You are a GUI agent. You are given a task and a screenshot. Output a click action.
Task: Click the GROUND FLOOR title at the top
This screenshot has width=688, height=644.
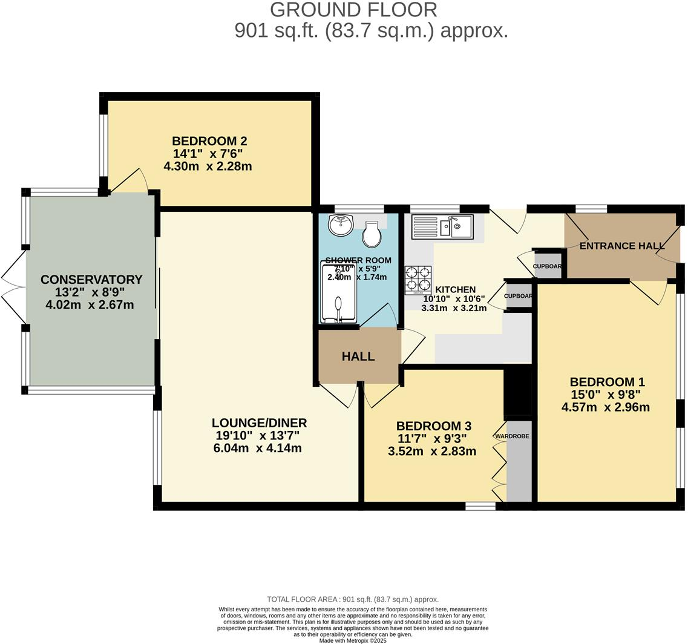pos(353,10)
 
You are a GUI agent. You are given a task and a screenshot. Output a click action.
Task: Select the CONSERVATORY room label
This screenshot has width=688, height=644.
pos(91,280)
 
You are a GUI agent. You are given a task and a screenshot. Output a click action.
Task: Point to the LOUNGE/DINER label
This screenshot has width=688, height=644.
pos(259,423)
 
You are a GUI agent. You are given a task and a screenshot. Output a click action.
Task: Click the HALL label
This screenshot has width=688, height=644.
pos(358,356)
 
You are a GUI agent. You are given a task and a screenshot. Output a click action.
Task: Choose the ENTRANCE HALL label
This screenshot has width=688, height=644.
pos(622,246)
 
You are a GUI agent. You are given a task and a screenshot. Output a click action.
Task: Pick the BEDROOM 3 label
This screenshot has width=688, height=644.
pos(433,426)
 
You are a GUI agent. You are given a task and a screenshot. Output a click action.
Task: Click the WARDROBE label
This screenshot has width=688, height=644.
pos(512,436)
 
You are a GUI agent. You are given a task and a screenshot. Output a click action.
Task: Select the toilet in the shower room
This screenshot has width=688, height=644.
pos(372,234)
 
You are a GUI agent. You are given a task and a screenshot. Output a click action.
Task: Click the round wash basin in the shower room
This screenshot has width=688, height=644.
pos(341,226)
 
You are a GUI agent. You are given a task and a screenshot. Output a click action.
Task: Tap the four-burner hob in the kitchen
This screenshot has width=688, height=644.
pos(418,280)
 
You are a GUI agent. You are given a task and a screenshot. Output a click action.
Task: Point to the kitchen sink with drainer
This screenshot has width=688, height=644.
pos(447,228)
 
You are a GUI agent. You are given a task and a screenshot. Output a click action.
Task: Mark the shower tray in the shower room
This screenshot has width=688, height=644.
pos(338,292)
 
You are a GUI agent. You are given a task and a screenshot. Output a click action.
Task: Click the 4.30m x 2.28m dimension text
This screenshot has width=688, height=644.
pos(208,166)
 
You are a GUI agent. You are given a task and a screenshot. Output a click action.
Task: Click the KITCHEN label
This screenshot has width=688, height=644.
pos(456,290)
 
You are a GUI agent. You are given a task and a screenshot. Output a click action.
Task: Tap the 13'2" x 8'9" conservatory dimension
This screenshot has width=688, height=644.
pos(90,292)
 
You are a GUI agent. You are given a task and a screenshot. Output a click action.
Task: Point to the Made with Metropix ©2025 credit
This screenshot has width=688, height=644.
pos(353,640)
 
